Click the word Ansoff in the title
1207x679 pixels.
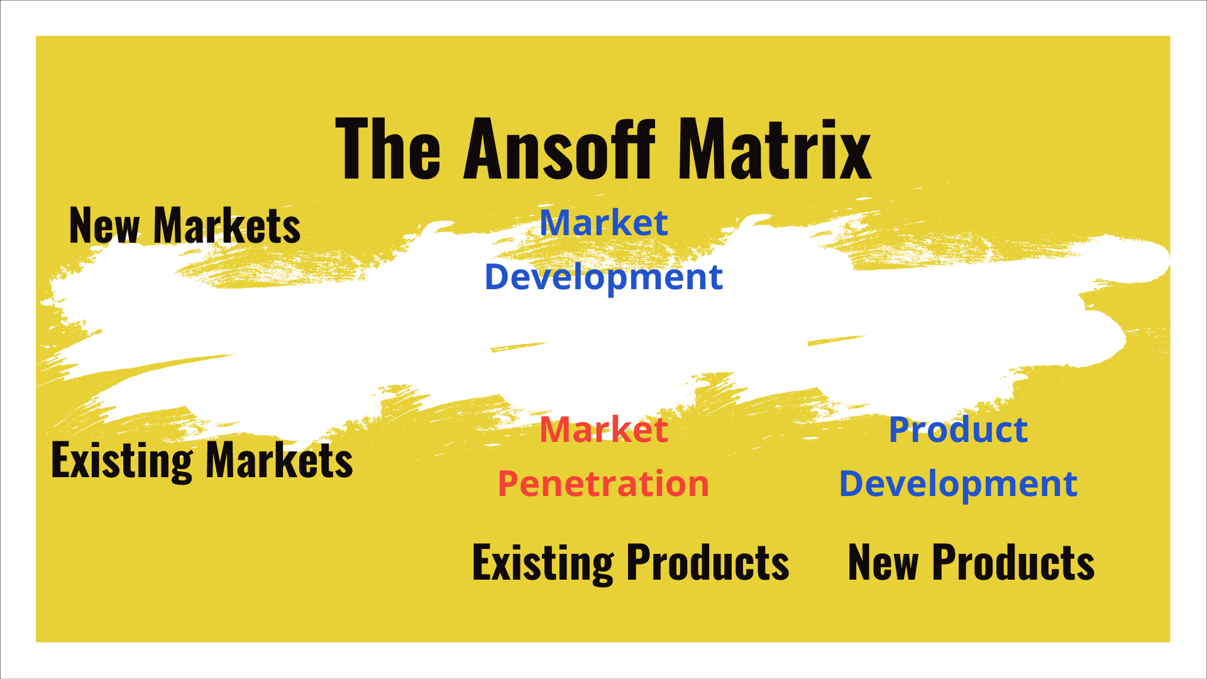point(559,150)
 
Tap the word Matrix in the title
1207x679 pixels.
point(774,150)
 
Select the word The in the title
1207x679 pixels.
point(388,150)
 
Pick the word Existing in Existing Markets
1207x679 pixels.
point(122,461)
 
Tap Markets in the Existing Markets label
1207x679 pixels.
point(279,460)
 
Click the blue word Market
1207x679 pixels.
point(603,223)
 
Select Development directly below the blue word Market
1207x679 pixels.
point(603,277)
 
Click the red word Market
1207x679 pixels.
point(603,430)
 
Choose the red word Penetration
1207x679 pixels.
point(603,484)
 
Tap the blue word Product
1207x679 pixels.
point(958,430)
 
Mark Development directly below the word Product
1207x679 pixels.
point(958,484)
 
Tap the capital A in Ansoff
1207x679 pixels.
point(484,150)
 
